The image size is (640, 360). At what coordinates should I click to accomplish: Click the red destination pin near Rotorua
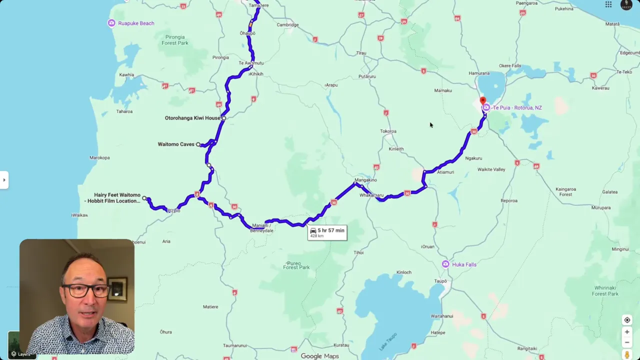coord(482,101)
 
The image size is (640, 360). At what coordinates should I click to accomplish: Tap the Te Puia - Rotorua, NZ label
coord(517,108)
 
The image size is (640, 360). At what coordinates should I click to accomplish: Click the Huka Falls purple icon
coord(445,264)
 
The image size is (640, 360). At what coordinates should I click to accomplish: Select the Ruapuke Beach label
coord(135,23)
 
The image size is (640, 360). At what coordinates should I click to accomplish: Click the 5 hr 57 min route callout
coord(327,232)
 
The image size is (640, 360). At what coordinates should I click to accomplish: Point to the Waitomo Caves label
coord(176,144)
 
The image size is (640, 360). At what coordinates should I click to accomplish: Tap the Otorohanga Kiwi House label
coord(192,118)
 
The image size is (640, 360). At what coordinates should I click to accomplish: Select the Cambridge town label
coord(287,25)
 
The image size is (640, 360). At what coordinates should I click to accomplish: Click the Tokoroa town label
coord(388,131)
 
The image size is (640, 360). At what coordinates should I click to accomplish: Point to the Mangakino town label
coord(365,180)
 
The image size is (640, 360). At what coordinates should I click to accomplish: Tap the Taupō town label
coord(440,281)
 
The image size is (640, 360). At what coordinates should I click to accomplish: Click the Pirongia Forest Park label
coord(174,40)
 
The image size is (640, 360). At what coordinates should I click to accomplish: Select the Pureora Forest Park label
coord(296,265)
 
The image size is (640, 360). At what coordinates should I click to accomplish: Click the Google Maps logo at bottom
coord(319,356)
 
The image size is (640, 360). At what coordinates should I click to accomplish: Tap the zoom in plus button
coord(627,332)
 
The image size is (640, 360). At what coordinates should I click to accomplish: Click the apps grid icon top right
coord(608,4)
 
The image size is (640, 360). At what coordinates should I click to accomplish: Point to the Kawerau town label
coord(600,88)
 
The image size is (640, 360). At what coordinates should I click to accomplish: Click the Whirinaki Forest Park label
coord(605,290)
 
